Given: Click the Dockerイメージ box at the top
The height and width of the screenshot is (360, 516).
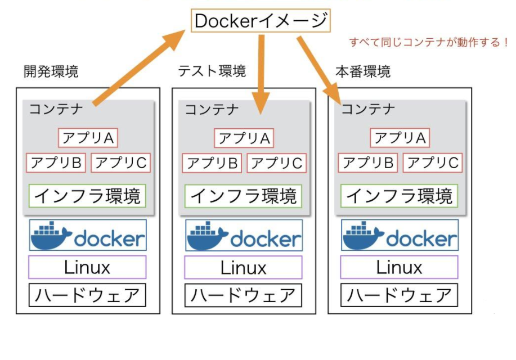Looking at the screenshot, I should point(260,21).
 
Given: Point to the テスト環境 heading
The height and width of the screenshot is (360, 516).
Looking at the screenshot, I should point(212,71).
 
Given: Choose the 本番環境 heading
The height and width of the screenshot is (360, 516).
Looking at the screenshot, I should point(363,71).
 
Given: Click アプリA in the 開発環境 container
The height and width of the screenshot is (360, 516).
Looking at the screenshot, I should point(88,138).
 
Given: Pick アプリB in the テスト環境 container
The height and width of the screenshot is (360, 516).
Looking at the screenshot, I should point(212,163).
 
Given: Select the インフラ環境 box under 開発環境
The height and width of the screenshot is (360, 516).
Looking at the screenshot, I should point(87,196).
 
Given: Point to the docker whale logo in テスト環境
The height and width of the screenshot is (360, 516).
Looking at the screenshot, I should point(207,235).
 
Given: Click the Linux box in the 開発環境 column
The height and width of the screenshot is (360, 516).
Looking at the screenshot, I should point(87,267).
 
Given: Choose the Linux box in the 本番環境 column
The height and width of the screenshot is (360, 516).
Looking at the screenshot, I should point(399,267).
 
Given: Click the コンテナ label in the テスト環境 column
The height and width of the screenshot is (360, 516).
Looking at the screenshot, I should point(212,110).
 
